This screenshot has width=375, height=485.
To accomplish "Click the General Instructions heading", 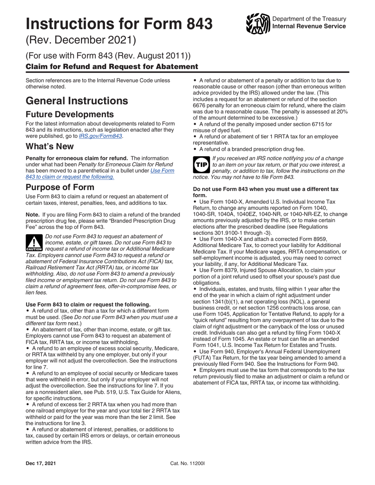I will coord(77,101).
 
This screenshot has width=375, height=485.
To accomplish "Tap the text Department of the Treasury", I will coord(309,19).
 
